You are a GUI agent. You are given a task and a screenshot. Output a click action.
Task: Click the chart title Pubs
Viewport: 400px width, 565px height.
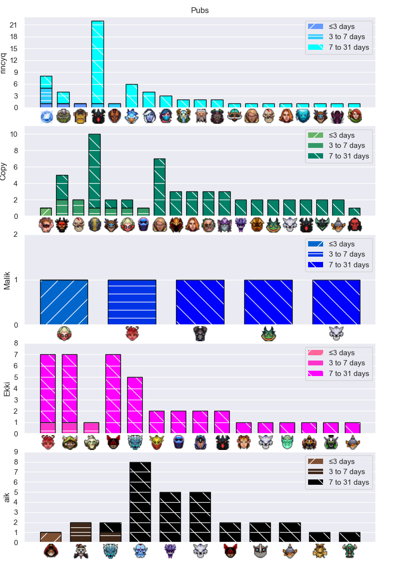click(x=199, y=10)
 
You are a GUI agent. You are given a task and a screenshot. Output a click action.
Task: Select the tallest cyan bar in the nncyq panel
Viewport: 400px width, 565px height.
click(x=97, y=64)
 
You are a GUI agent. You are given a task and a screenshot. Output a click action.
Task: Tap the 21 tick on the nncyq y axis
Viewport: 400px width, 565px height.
click(x=14, y=25)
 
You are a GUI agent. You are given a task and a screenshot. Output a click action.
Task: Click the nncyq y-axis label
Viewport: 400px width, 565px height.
click(x=3, y=63)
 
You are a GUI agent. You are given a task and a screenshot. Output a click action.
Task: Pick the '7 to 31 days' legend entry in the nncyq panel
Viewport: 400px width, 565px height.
click(x=338, y=47)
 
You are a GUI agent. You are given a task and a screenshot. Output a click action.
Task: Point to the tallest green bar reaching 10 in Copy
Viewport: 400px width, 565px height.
click(x=94, y=175)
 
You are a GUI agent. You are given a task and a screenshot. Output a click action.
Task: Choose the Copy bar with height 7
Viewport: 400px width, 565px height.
click(x=160, y=188)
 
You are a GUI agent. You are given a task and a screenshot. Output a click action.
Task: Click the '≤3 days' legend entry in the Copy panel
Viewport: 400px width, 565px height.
click(x=331, y=135)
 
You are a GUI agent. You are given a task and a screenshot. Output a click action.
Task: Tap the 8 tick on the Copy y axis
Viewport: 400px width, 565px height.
click(x=15, y=151)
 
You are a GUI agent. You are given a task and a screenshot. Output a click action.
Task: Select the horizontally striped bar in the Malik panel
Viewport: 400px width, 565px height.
click(x=132, y=303)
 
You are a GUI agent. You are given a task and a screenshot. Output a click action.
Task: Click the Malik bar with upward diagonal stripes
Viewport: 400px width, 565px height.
click(x=64, y=303)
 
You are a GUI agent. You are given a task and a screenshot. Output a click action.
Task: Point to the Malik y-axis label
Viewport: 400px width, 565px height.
click(x=6, y=281)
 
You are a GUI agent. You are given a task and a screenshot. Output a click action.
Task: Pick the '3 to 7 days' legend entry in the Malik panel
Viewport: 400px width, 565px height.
click(x=336, y=254)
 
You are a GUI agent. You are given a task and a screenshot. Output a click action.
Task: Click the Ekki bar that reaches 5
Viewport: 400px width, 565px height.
click(x=135, y=405)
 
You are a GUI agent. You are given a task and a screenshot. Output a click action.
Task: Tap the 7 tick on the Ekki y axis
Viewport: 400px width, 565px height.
click(x=15, y=355)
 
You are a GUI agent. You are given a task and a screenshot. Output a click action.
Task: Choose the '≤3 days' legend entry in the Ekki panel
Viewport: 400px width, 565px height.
click(x=331, y=353)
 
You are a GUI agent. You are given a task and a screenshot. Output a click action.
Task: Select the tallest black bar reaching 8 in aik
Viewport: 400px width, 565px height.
click(x=140, y=502)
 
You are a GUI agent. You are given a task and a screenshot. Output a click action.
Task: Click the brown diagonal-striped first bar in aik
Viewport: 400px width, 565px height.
click(x=50, y=537)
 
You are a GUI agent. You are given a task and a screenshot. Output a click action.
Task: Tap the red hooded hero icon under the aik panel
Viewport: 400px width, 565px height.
click(x=50, y=551)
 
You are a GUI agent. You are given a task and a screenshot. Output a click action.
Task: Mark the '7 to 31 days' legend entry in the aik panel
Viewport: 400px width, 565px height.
click(x=338, y=482)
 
